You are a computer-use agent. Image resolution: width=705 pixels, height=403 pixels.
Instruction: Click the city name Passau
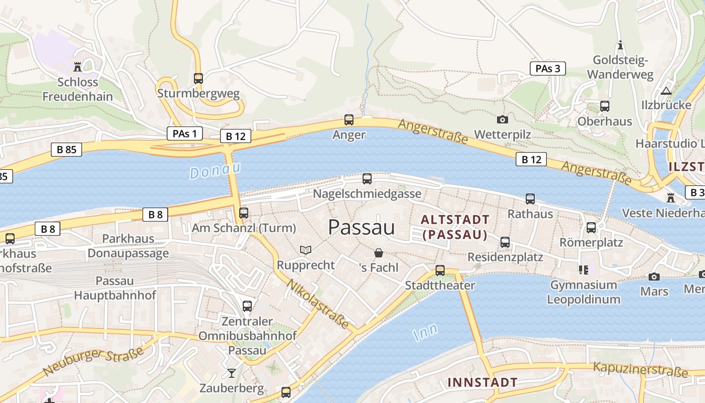tap(361, 227)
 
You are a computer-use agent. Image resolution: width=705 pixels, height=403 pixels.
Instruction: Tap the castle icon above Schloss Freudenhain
tap(78, 66)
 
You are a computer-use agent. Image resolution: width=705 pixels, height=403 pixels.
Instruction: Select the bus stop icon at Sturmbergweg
tap(198, 78)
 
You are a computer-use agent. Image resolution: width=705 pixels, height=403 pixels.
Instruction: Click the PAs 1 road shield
tap(184, 133)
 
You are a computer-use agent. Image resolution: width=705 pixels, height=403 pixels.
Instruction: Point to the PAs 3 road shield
tap(547, 69)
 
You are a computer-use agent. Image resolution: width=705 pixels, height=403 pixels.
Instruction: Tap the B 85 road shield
tap(66, 149)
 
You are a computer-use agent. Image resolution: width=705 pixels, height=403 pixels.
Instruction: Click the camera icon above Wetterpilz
tap(502, 119)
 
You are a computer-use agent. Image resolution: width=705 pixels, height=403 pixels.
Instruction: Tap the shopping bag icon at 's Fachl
tap(379, 253)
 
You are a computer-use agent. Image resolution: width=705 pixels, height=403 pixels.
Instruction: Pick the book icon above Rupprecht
tap(306, 250)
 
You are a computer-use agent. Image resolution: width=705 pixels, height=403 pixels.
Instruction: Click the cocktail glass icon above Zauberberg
tap(231, 373)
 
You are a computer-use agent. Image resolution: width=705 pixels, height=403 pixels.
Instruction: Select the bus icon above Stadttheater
tap(440, 270)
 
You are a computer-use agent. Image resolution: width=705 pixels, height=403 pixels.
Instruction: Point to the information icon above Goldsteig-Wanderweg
tap(620, 45)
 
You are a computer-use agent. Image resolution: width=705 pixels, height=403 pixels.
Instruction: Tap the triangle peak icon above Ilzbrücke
tap(666, 91)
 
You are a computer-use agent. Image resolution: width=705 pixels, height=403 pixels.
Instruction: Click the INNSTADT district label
tap(482, 382)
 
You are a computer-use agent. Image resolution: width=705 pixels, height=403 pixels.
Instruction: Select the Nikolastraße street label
tap(318, 305)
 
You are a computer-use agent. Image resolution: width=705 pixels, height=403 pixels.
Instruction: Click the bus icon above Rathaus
tap(530, 198)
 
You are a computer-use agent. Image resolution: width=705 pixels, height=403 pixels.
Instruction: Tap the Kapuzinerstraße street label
tap(641, 369)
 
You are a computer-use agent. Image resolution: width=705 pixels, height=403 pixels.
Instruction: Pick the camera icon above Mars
tap(654, 277)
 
